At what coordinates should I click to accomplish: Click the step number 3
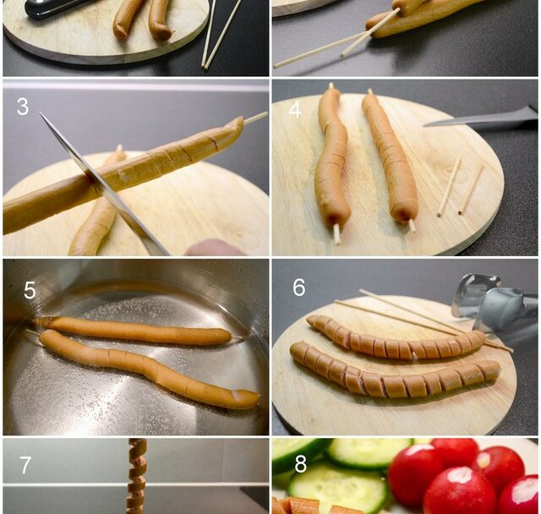[x=23, y=107]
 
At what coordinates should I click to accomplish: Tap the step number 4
[x=295, y=110]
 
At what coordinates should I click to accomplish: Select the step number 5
[x=30, y=290]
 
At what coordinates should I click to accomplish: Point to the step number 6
[x=298, y=287]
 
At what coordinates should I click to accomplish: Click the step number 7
[x=25, y=465]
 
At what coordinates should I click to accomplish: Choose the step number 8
[x=301, y=464]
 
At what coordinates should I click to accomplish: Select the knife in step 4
[x=480, y=119]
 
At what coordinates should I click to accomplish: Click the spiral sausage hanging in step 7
[x=137, y=476]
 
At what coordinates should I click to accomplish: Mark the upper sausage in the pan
[x=134, y=331]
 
